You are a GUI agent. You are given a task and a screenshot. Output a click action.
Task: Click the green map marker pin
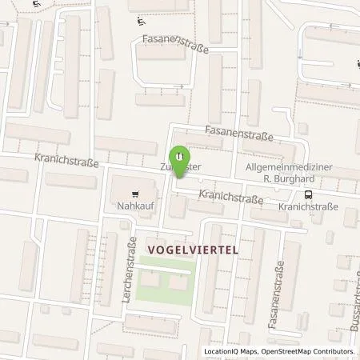pos(180,153)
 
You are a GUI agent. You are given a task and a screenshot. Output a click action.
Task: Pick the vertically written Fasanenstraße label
pos(282,287)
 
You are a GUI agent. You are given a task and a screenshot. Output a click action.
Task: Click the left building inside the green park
pos(153,282)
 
